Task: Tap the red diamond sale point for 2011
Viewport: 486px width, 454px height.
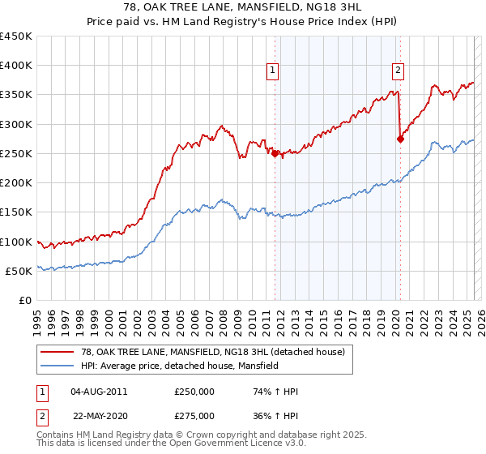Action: click(x=275, y=153)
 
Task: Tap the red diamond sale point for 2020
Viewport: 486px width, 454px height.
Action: click(x=400, y=139)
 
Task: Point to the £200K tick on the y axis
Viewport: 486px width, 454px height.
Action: click(x=16, y=183)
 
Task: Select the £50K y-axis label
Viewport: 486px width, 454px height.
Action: click(x=19, y=271)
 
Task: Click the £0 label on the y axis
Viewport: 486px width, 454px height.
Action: click(x=25, y=301)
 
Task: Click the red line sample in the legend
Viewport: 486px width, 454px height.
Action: click(x=58, y=352)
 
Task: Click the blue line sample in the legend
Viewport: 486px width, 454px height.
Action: click(x=58, y=366)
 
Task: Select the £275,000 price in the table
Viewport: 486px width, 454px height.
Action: click(x=194, y=415)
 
